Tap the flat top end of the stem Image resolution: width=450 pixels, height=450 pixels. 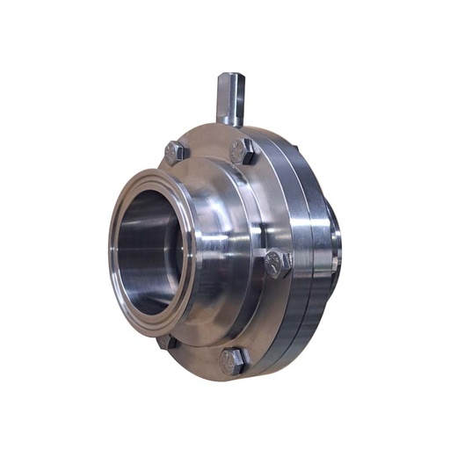pyautogui.click(x=228, y=76)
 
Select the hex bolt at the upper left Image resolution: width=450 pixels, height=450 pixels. pyautogui.click(x=175, y=151)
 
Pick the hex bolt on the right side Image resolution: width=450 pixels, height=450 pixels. pyautogui.click(x=277, y=263)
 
